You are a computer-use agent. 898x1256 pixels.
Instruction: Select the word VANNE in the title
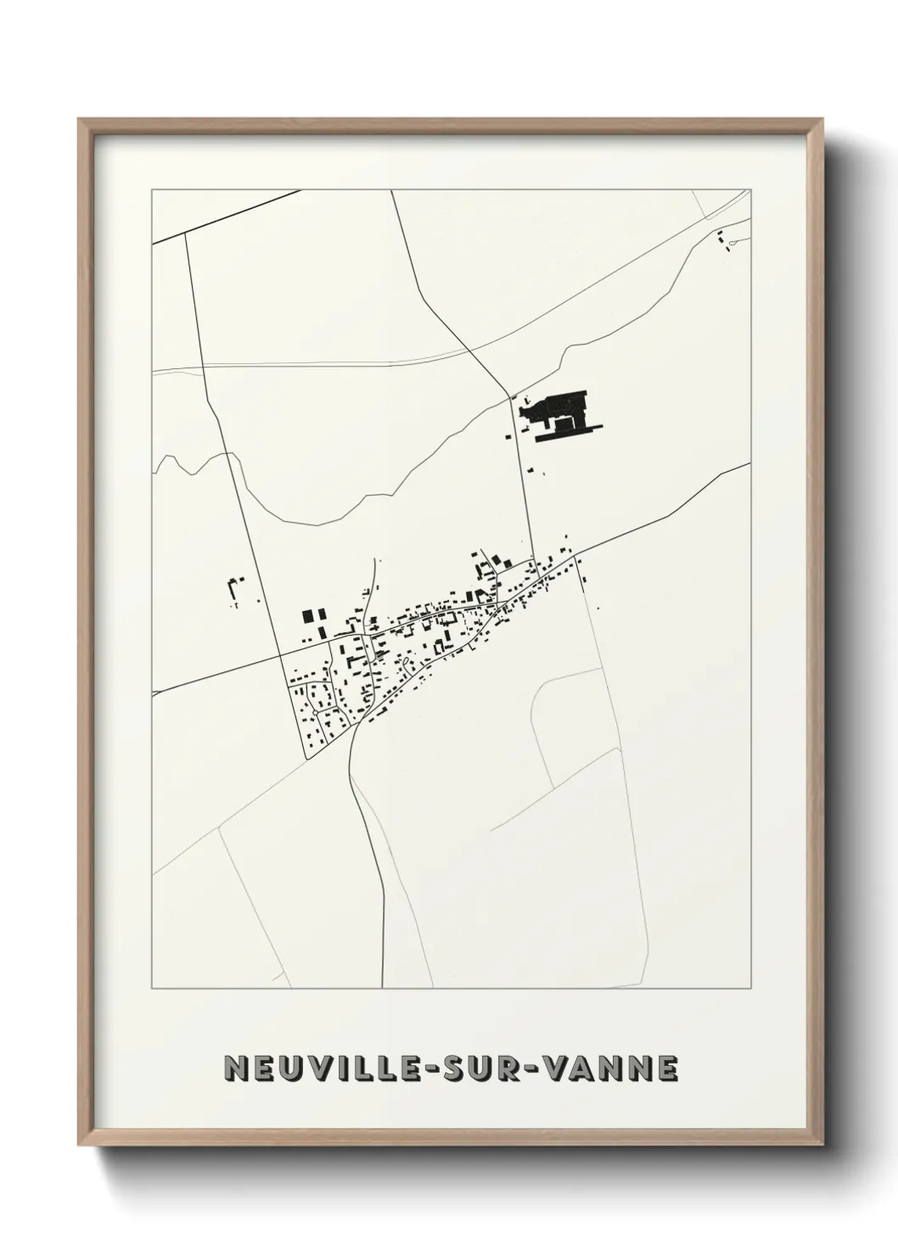(x=615, y=1069)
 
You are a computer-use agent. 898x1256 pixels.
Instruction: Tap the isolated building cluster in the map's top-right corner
(x=724, y=240)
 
